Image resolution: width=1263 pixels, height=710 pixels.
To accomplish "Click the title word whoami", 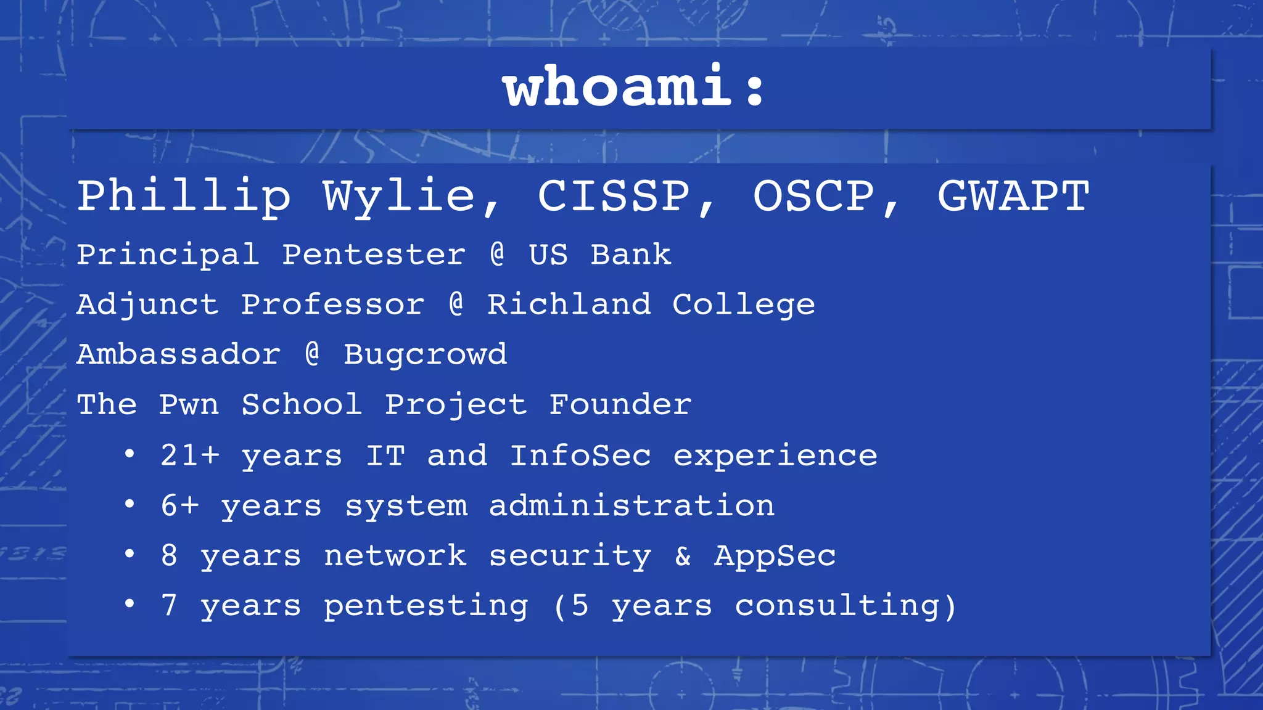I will point(617,87).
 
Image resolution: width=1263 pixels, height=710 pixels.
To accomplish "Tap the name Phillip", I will point(184,196).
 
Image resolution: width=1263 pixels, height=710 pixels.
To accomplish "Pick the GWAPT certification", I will point(1013,196).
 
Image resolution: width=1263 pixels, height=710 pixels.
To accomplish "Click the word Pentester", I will point(374,255).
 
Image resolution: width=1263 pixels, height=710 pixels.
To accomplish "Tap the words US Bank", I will point(600,255).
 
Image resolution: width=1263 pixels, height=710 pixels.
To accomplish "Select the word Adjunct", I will point(147,304).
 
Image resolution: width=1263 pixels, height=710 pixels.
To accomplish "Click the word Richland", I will point(569,304).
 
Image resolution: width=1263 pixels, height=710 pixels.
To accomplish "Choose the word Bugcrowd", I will point(425,354).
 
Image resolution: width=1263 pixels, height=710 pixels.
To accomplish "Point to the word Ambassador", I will point(178,354).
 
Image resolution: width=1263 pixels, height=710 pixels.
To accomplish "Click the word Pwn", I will point(189,405).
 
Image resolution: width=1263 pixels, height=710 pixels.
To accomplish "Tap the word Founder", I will point(620,405).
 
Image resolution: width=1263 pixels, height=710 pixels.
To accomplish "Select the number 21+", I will point(189,455).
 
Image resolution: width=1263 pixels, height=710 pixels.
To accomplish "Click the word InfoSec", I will point(580,455).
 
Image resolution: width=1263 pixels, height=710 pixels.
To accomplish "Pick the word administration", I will point(631,506).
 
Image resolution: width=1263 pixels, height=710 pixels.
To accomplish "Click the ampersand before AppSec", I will point(683,556).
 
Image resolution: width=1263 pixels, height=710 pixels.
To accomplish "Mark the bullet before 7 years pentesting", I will point(129,604).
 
